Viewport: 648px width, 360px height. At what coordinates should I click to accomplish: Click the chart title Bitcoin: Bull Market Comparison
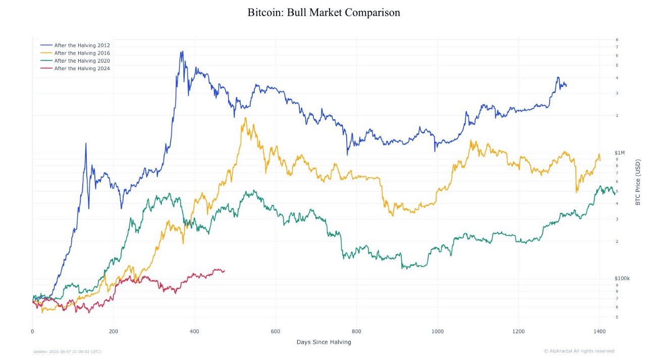pos(323,13)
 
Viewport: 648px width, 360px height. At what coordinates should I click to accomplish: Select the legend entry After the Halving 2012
pos(82,45)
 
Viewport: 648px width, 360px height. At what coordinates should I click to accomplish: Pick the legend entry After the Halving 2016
pos(82,53)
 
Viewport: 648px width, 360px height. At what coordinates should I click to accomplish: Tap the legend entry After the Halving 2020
pos(82,61)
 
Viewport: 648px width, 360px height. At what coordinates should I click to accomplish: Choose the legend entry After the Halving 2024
pos(82,68)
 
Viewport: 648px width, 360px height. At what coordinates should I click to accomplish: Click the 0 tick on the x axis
pos(32,332)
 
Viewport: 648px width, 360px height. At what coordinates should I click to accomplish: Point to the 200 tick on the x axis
pos(114,332)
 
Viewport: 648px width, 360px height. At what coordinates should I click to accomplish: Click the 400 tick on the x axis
pos(194,332)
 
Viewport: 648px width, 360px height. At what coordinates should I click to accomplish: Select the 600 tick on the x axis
pos(276,332)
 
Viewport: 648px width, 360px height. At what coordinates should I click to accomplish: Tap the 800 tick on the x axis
pos(357,332)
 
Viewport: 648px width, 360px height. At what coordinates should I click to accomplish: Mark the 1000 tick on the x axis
pos(438,332)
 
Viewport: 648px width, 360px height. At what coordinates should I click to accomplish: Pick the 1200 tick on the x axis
pos(519,332)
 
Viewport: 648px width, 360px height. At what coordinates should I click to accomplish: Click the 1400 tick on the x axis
pos(600,332)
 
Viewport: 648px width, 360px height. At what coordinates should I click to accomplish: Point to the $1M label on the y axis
pos(620,153)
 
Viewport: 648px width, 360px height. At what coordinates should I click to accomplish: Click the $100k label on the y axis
pos(622,279)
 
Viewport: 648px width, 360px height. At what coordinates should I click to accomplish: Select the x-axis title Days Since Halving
pos(323,342)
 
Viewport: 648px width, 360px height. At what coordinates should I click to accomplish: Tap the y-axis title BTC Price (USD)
pos(638,182)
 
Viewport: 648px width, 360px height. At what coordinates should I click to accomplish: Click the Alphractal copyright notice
pos(579,351)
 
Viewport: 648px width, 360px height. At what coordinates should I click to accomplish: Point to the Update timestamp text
pos(67,351)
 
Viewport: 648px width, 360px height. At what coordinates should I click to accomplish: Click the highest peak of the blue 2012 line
pos(182,52)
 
